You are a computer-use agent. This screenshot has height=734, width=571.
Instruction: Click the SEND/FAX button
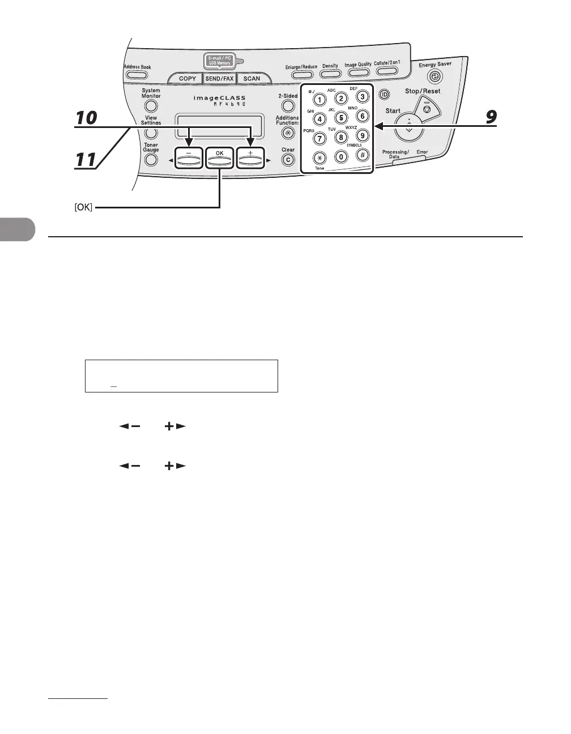219,79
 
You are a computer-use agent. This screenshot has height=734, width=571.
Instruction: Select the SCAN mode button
252,79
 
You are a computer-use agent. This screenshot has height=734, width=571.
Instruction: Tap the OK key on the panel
219,159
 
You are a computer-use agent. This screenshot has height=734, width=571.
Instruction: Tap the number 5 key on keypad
341,118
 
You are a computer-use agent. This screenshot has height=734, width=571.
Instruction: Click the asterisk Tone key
319,157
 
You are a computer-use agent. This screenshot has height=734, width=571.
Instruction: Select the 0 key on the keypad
341,157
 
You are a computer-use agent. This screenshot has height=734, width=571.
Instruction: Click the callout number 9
491,117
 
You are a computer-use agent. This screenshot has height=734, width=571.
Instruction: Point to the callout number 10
87,118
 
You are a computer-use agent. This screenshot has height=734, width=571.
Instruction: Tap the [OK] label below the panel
83,208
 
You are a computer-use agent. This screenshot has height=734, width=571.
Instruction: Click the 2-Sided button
288,106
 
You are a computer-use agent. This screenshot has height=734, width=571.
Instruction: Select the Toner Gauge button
151,160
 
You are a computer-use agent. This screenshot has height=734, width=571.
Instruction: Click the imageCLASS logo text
220,98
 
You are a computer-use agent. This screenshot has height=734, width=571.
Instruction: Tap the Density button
330,74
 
